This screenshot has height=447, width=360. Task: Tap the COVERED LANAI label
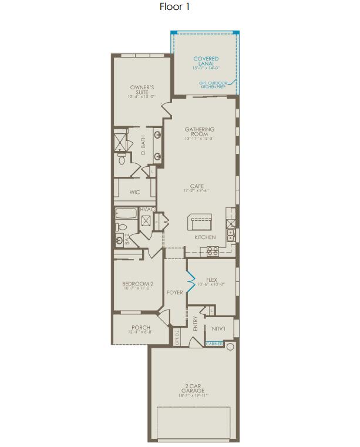click(206, 61)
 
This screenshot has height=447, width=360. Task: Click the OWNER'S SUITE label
click(142, 90)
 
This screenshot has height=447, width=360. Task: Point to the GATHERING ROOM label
click(200, 132)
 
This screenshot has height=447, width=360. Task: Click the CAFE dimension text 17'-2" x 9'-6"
click(196, 191)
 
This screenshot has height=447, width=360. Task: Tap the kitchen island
click(200, 223)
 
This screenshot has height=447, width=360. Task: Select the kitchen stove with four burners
click(212, 251)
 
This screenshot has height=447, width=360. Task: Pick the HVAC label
click(147, 210)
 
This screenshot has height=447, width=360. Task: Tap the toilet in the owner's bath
click(122, 158)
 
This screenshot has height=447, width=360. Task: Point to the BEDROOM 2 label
click(138, 284)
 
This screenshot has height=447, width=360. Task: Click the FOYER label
click(175, 293)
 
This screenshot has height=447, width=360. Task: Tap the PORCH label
click(142, 328)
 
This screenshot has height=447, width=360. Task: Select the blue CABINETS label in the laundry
click(215, 344)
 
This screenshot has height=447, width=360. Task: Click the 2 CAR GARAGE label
click(193, 389)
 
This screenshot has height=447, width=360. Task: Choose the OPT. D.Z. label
click(177, 338)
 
